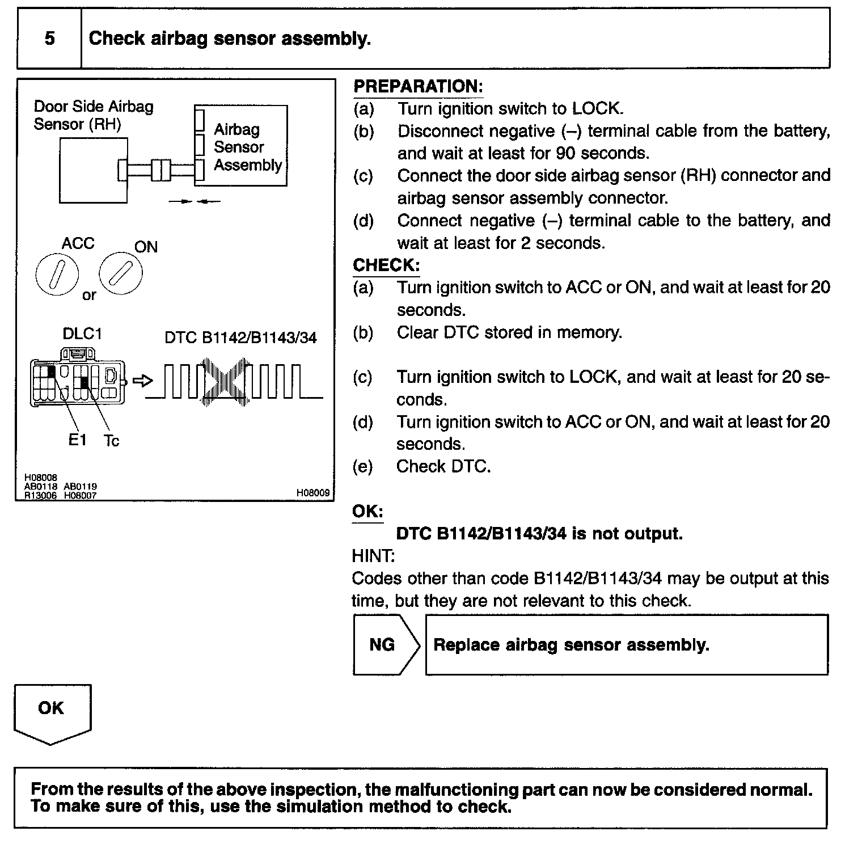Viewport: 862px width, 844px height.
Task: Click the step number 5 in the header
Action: click(x=50, y=39)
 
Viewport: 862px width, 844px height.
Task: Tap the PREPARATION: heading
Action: click(x=418, y=86)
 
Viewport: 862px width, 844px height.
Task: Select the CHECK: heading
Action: click(x=386, y=265)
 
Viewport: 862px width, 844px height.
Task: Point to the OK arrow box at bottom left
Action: click(x=52, y=712)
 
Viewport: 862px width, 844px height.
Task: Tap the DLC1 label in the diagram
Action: click(x=82, y=334)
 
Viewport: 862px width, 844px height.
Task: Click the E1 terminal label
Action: click(x=77, y=440)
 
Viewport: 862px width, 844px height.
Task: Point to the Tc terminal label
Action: click(x=112, y=441)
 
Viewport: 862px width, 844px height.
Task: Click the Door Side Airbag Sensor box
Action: click(x=93, y=170)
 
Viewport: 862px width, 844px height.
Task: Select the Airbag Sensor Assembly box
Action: click(x=241, y=146)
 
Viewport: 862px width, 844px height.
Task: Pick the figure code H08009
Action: click(x=312, y=493)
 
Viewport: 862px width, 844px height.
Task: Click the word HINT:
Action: click(x=373, y=556)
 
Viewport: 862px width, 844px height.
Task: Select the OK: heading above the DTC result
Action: click(x=367, y=511)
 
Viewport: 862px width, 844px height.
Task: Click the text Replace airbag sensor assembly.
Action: click(x=571, y=645)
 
